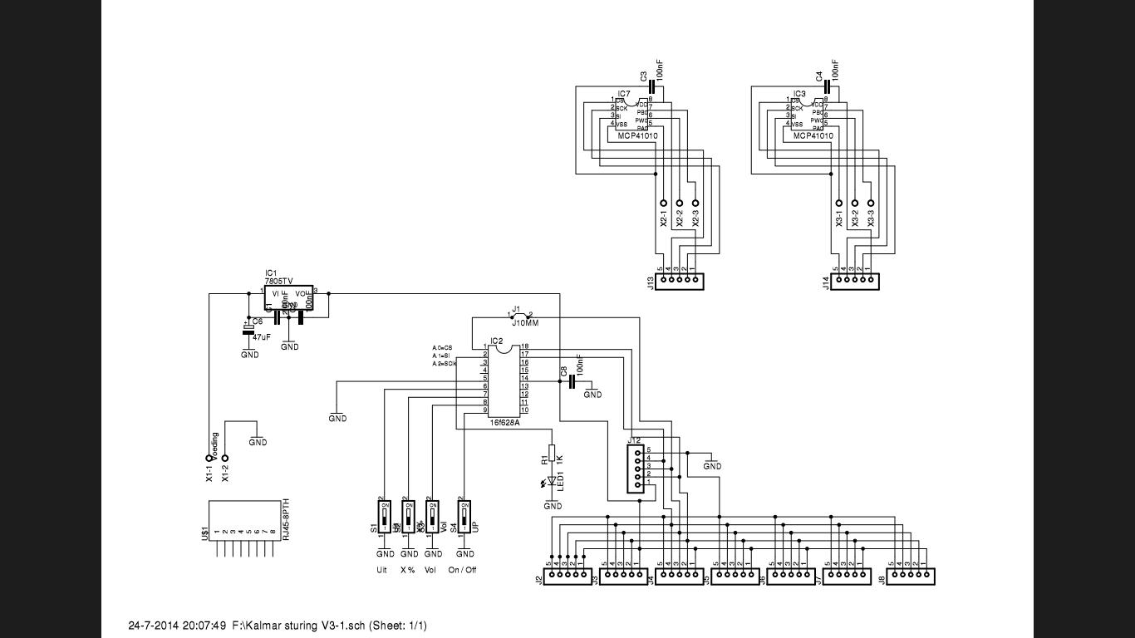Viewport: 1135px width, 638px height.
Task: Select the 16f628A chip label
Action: click(505, 423)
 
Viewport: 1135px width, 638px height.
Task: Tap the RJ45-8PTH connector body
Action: click(244, 520)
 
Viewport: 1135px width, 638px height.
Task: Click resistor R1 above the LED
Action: click(553, 454)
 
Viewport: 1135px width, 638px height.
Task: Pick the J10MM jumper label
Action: click(525, 323)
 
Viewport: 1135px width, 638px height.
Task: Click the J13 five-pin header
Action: click(679, 282)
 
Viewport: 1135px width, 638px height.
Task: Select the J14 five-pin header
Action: click(854, 282)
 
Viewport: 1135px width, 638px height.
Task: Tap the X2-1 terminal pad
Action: click(664, 204)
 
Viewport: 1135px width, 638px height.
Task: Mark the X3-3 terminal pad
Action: click(871, 204)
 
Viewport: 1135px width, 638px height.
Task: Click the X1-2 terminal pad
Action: click(224, 458)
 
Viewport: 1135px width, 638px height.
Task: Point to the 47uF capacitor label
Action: click(261, 337)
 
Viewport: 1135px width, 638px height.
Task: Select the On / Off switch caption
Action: click(463, 570)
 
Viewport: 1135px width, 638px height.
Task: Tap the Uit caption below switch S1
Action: click(381, 570)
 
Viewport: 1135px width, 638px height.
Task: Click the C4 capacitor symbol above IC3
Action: click(828, 86)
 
